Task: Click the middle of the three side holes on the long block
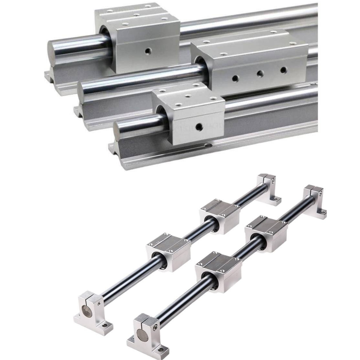tap(260, 74)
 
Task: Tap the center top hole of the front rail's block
tap(189, 96)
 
